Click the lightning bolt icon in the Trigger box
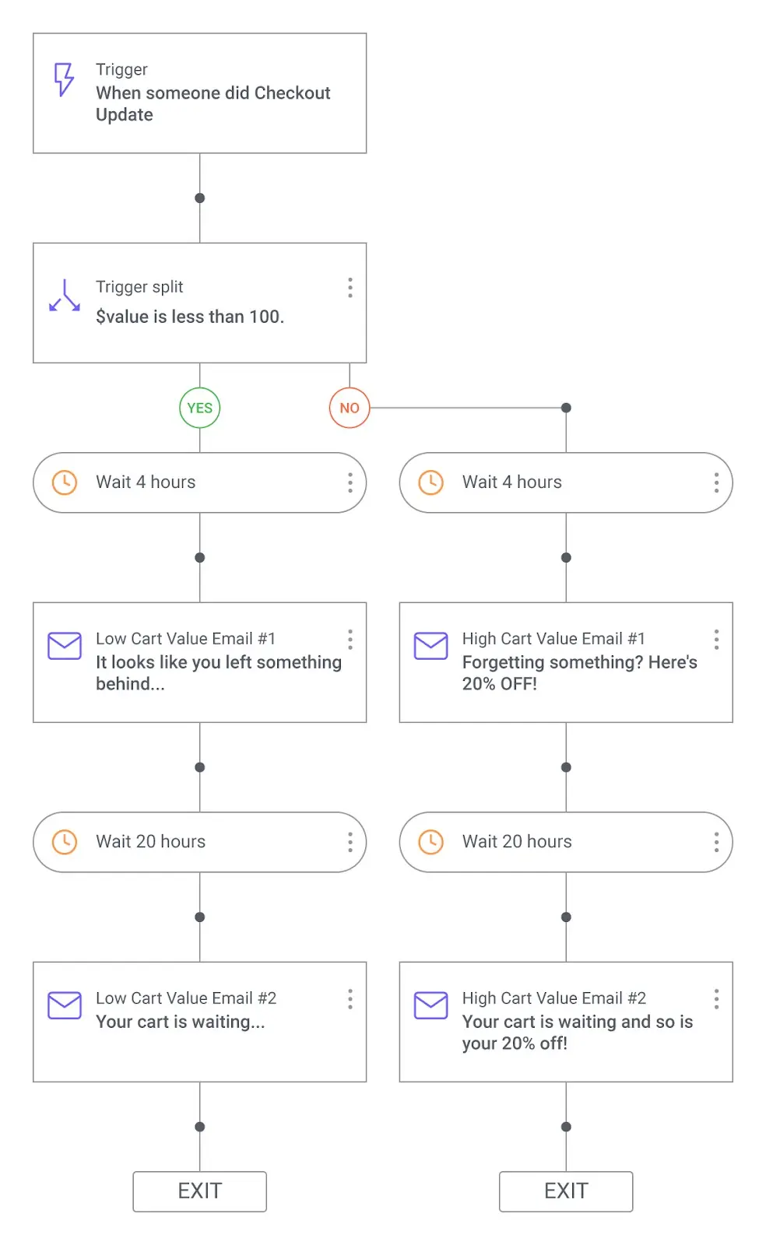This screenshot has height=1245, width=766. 64,79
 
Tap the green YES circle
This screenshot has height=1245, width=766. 200,408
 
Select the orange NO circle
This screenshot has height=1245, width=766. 350,408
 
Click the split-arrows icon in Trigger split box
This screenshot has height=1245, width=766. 65,296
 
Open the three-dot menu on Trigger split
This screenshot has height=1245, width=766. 350,288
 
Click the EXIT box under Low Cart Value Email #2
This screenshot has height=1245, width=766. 200,1191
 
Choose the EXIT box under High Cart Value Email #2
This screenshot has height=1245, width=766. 566,1191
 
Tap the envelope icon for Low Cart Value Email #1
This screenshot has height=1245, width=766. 65,646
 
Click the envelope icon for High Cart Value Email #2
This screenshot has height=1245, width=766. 430,1005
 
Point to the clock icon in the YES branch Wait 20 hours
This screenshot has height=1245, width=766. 65,842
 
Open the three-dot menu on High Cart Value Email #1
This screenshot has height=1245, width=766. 716,640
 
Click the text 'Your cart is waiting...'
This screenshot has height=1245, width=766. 181,1022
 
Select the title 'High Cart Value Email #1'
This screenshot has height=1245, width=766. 553,639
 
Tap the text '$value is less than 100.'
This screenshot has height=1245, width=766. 190,317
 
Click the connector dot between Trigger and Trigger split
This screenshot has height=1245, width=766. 200,198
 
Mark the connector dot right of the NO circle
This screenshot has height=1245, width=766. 566,408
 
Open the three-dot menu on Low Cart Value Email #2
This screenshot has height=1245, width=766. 350,999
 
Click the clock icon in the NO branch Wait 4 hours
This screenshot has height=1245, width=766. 430,482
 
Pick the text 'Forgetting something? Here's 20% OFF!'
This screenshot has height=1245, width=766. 579,673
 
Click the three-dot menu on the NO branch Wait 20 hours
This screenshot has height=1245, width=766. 716,842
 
